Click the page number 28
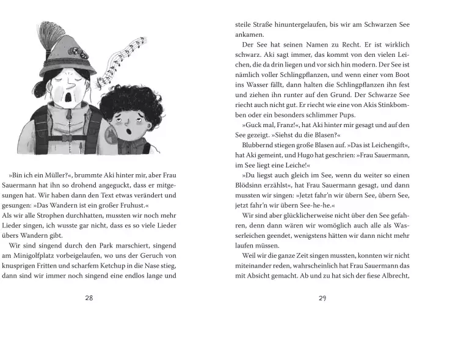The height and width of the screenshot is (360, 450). (x=89, y=298)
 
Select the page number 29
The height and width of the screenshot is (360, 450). (x=323, y=298)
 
